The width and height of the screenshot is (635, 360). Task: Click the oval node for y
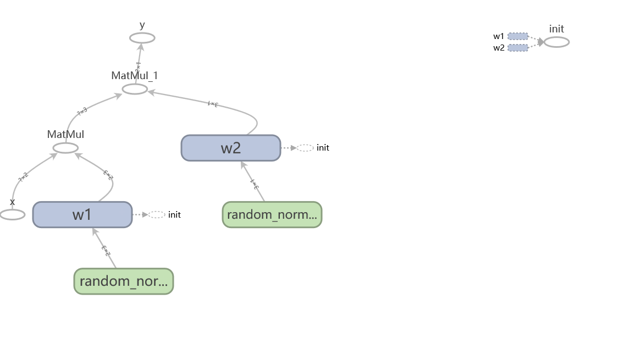click(x=142, y=38)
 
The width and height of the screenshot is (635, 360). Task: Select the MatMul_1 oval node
click(x=135, y=89)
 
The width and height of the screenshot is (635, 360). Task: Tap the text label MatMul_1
click(x=135, y=76)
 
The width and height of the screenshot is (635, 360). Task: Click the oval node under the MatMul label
click(x=65, y=148)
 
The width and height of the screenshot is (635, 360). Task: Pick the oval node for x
click(x=12, y=215)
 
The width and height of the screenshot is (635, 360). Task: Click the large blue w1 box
click(x=82, y=214)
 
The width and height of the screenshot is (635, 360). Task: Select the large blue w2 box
click(x=231, y=148)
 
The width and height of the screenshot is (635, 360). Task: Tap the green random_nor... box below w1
click(x=124, y=281)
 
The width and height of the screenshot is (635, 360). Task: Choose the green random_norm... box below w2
click(x=272, y=214)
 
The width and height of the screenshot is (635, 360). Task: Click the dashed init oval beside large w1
click(x=157, y=215)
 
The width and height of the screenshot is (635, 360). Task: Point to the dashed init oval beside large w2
click(x=305, y=148)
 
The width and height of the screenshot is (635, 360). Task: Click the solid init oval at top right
click(x=556, y=42)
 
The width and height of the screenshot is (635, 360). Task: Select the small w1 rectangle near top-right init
click(x=518, y=36)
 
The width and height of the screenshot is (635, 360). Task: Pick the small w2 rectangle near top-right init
click(x=518, y=48)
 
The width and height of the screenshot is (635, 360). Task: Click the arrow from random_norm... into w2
click(x=253, y=181)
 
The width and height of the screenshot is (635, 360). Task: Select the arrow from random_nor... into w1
click(x=104, y=248)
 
